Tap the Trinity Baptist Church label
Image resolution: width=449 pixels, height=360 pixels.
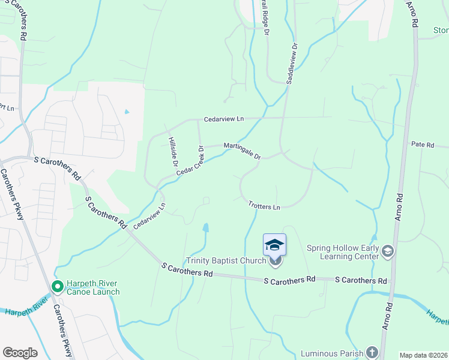[226, 260]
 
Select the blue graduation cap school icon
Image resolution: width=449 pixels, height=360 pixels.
[274, 244]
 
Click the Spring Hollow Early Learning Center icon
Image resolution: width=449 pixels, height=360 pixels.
[388, 251]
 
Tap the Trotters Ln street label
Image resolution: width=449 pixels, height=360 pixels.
[264, 206]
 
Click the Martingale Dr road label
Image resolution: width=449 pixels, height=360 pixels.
[242, 151]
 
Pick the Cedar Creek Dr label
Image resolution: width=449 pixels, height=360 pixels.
[190, 161]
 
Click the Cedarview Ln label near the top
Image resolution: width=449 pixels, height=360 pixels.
[223, 119]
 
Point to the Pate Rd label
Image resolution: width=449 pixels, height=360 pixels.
[422, 145]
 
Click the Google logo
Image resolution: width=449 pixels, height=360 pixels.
[20, 353]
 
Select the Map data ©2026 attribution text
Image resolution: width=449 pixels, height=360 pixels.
[423, 355]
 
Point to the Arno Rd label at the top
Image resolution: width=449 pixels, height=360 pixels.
[412, 14]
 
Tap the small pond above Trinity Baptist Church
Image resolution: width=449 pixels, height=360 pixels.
[206, 228]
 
